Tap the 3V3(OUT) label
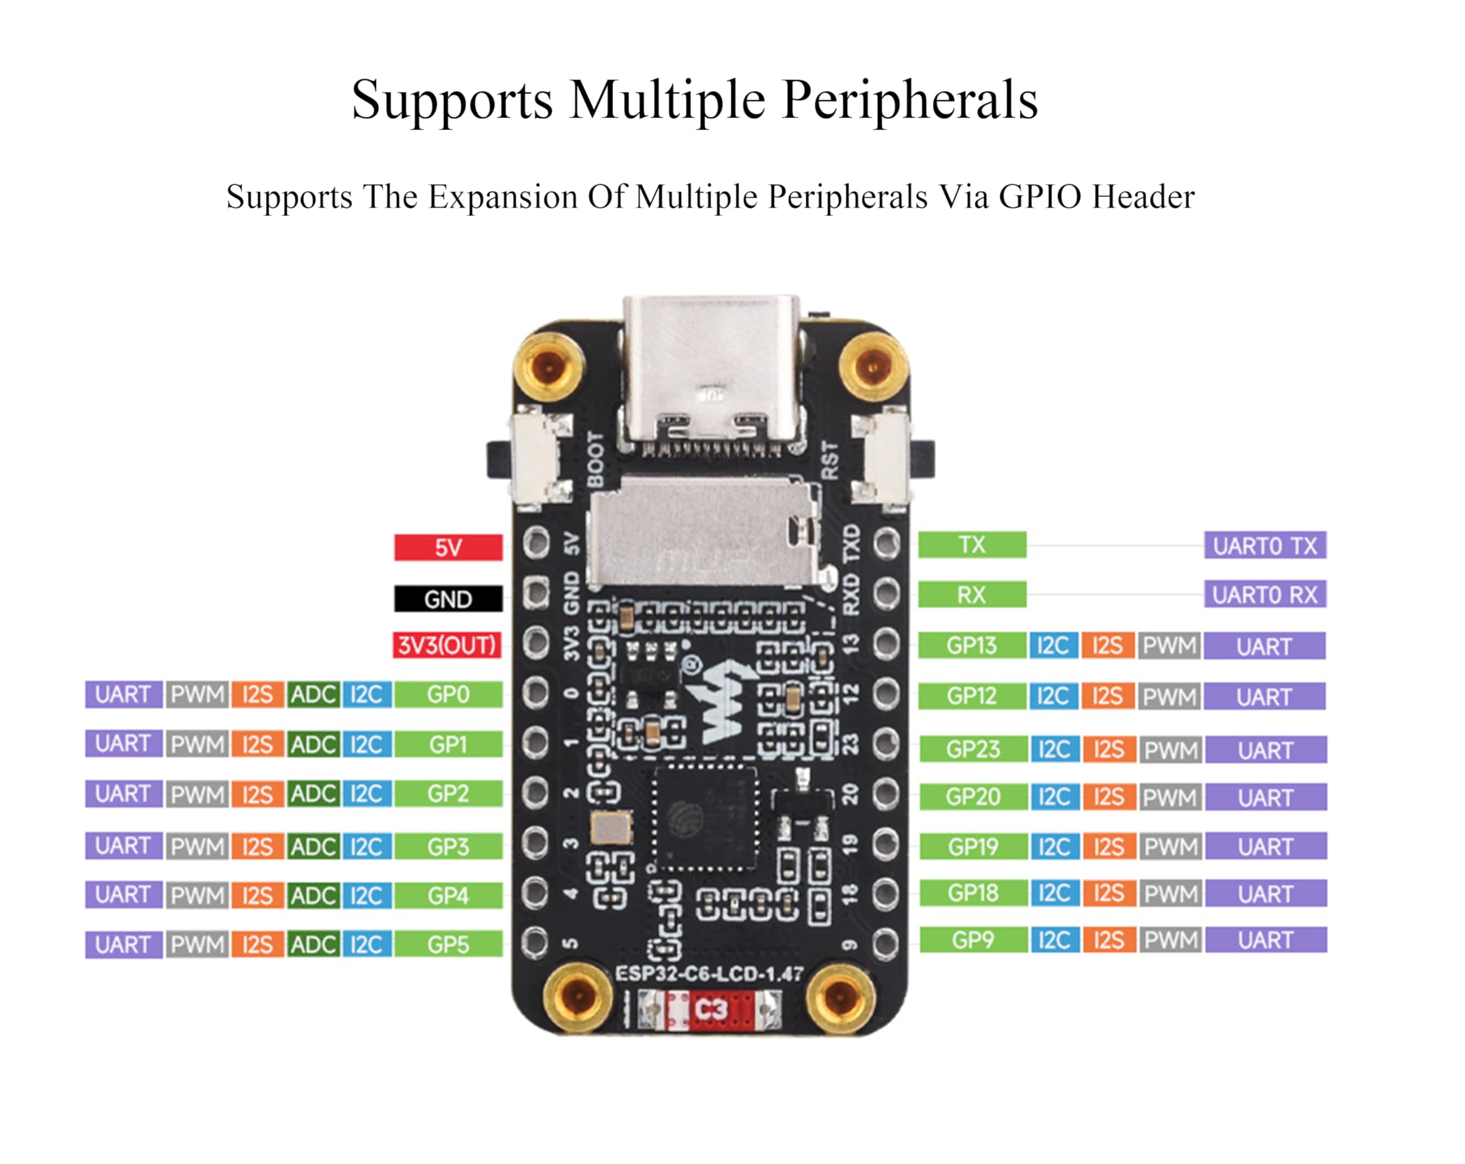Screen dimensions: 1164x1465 pos(447,645)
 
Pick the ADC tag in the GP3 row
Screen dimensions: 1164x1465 pos(313,846)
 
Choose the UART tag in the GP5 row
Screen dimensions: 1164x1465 pos(123,944)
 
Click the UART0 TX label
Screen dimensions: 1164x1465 pos(1265,545)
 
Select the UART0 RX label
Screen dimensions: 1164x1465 pos(1265,595)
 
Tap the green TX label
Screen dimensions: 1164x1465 pos(972,544)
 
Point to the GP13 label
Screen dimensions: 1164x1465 pos(972,645)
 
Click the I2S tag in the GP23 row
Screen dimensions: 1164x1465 pos(1109,749)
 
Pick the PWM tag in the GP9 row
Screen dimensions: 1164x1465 pos(1170,940)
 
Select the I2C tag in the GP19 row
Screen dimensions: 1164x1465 pos(1055,846)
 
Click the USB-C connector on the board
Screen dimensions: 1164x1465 pos(711,370)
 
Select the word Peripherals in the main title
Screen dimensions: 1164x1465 pos(910,100)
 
